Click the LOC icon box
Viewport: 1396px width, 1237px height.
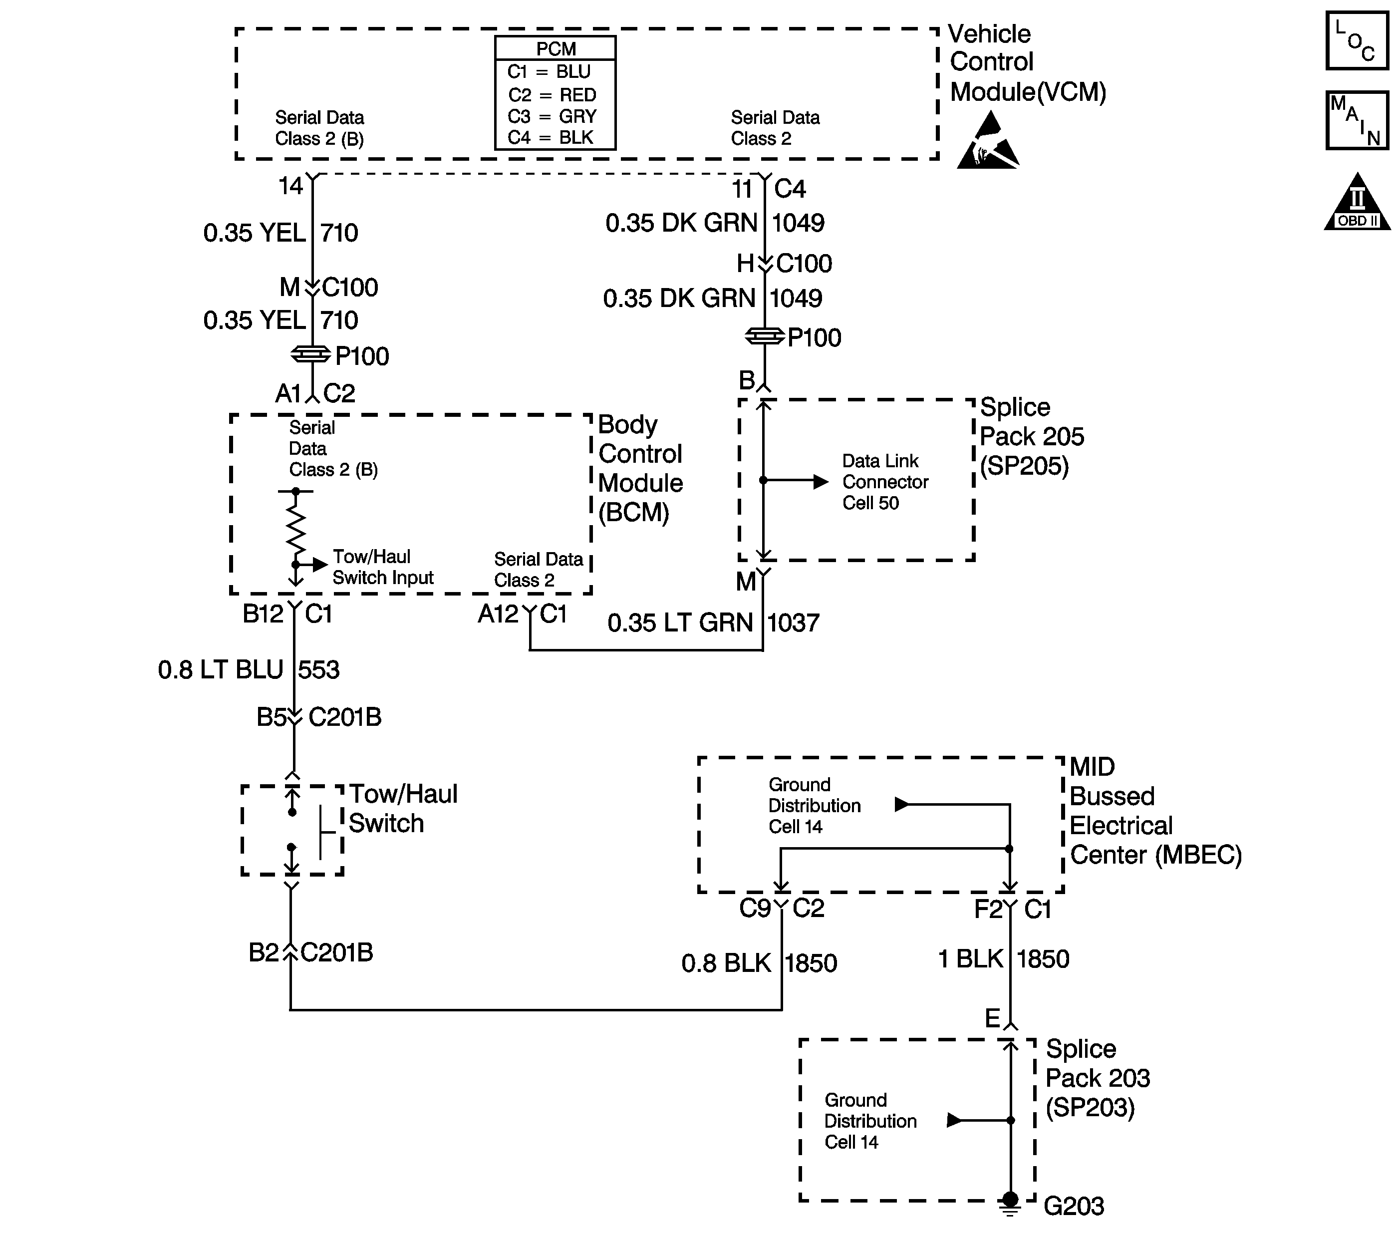tap(1357, 40)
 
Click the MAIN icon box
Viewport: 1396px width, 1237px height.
tap(1357, 120)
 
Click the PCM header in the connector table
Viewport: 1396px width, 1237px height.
tap(556, 48)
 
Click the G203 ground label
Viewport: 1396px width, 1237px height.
tap(1073, 1206)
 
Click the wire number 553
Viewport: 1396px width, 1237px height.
tap(318, 669)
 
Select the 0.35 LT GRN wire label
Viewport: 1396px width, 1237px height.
tap(680, 622)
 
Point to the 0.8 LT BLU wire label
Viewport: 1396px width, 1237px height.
tap(220, 669)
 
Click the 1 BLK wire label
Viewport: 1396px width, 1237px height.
tap(970, 959)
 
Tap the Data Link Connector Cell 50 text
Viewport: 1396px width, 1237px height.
tap(884, 482)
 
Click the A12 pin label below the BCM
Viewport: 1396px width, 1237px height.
tap(498, 614)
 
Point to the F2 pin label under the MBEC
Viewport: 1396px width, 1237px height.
tap(988, 909)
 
